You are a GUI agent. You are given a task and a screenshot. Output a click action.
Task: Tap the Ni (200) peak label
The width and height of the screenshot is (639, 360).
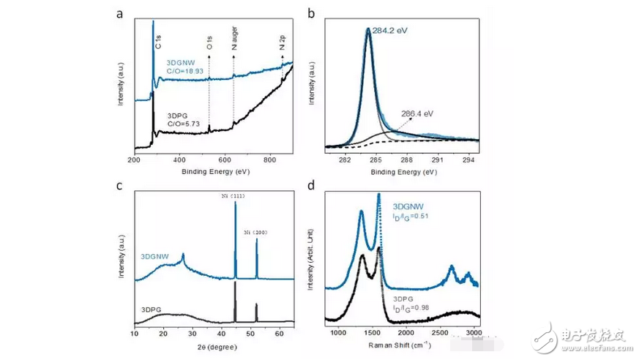[256, 233]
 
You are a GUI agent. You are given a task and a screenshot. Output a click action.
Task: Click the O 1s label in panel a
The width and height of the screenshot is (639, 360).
[209, 45]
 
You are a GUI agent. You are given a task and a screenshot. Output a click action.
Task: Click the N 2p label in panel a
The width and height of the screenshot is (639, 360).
[283, 44]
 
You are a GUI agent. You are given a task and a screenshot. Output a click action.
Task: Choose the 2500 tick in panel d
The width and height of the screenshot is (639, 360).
[439, 334]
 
